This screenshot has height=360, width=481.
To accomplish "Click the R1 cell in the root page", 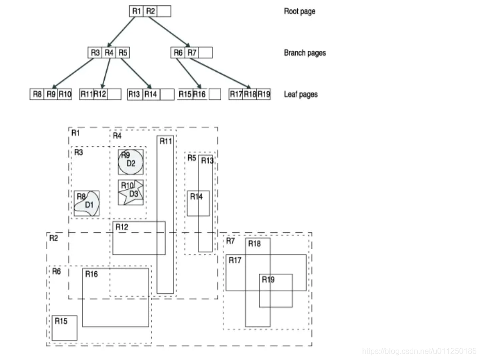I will (x=136, y=11).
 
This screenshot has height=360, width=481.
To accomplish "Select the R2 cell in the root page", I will (x=151, y=11).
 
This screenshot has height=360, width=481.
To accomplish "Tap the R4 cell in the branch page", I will (x=109, y=53).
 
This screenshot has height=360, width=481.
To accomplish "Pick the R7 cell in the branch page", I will (x=192, y=53).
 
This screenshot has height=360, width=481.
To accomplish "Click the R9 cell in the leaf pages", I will (x=51, y=94).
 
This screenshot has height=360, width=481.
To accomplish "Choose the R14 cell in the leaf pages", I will (x=151, y=94).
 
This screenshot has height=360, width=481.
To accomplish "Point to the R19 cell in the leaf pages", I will (x=264, y=94).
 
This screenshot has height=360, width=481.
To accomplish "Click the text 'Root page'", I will (x=299, y=11).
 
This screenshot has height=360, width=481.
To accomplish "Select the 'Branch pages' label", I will (x=305, y=53).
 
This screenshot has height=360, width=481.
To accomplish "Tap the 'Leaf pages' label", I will (x=300, y=94).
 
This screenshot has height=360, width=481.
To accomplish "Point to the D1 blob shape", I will (x=88, y=204).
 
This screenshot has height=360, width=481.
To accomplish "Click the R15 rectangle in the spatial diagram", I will (x=64, y=328).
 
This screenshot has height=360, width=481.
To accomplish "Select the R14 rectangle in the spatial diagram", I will (x=199, y=203).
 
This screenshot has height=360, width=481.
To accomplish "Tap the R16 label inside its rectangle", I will (x=91, y=274).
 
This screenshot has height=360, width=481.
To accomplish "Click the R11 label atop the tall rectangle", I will (x=166, y=141).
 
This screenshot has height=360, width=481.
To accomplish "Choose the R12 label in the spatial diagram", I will (x=121, y=227).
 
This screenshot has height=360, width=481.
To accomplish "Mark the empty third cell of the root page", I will (x=165, y=11).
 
